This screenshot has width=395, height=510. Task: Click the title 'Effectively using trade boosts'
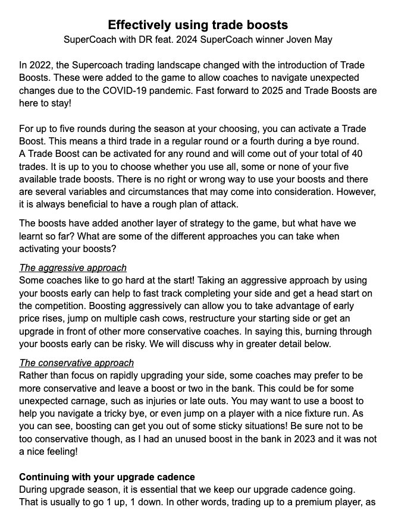click(x=197, y=24)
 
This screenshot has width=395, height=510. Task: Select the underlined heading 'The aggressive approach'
click(x=73, y=267)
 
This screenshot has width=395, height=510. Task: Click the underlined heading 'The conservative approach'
click(x=76, y=363)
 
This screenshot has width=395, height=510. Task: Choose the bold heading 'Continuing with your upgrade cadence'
click(x=106, y=477)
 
